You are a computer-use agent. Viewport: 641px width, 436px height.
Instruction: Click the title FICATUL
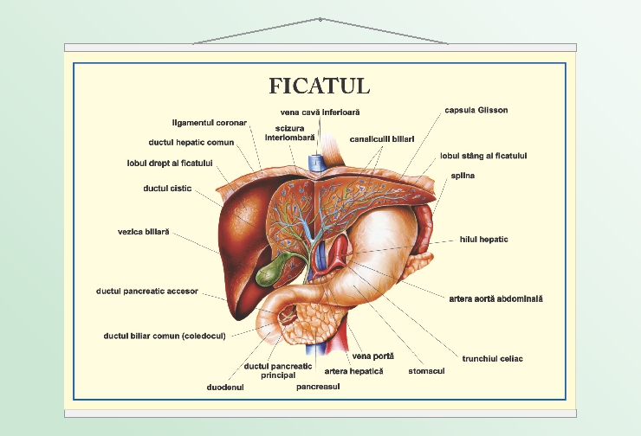(320, 86)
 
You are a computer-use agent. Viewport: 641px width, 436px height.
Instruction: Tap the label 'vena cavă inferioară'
(320, 112)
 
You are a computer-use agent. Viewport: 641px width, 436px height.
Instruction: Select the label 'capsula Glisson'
(476, 111)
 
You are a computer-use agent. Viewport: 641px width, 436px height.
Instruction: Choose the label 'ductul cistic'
(167, 188)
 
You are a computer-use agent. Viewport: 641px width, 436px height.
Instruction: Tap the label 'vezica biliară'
(144, 232)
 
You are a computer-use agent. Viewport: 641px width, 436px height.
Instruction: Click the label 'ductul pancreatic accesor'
(147, 292)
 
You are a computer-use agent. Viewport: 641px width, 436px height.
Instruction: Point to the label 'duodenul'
(225, 388)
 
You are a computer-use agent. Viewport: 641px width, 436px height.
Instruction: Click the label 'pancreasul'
(317, 387)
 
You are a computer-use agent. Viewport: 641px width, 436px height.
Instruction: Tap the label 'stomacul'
(426, 372)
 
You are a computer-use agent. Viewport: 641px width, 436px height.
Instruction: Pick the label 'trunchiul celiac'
(493, 358)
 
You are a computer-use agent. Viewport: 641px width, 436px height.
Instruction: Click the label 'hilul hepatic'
(483, 239)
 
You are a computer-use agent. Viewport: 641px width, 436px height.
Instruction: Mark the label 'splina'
(463, 176)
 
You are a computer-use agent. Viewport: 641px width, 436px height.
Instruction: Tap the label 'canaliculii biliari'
(382, 138)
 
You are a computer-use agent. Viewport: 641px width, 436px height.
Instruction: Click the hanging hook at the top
(320, 19)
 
